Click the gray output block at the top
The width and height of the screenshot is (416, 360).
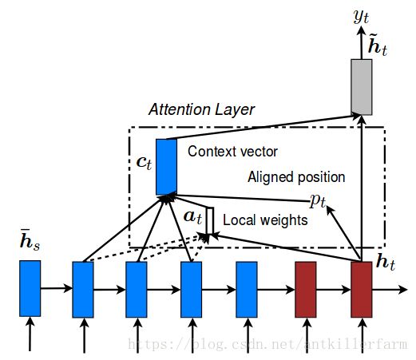(x=362, y=87)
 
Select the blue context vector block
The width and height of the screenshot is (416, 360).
(x=166, y=167)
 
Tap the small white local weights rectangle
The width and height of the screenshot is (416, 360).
(x=210, y=221)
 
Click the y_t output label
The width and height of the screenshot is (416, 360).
(x=362, y=17)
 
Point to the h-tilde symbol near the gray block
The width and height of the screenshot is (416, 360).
(x=378, y=46)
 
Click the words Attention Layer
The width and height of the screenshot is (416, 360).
(x=201, y=109)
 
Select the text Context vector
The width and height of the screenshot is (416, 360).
(x=232, y=152)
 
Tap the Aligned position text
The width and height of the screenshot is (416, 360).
(x=296, y=177)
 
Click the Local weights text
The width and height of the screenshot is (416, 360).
(x=265, y=220)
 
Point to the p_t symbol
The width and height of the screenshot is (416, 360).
(x=318, y=200)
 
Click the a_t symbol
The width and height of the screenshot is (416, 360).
(x=192, y=216)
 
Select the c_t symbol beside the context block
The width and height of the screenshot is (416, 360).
(x=144, y=163)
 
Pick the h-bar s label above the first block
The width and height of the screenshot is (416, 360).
(x=30, y=239)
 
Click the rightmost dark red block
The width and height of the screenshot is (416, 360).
(x=362, y=290)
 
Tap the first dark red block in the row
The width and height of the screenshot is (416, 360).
(x=306, y=290)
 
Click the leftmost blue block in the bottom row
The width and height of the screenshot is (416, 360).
(x=30, y=288)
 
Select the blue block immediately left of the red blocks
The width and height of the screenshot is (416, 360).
(x=247, y=290)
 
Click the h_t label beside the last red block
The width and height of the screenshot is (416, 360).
(x=386, y=263)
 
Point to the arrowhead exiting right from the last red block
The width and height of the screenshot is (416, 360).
(x=403, y=290)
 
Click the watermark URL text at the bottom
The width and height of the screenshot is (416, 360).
(x=267, y=344)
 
